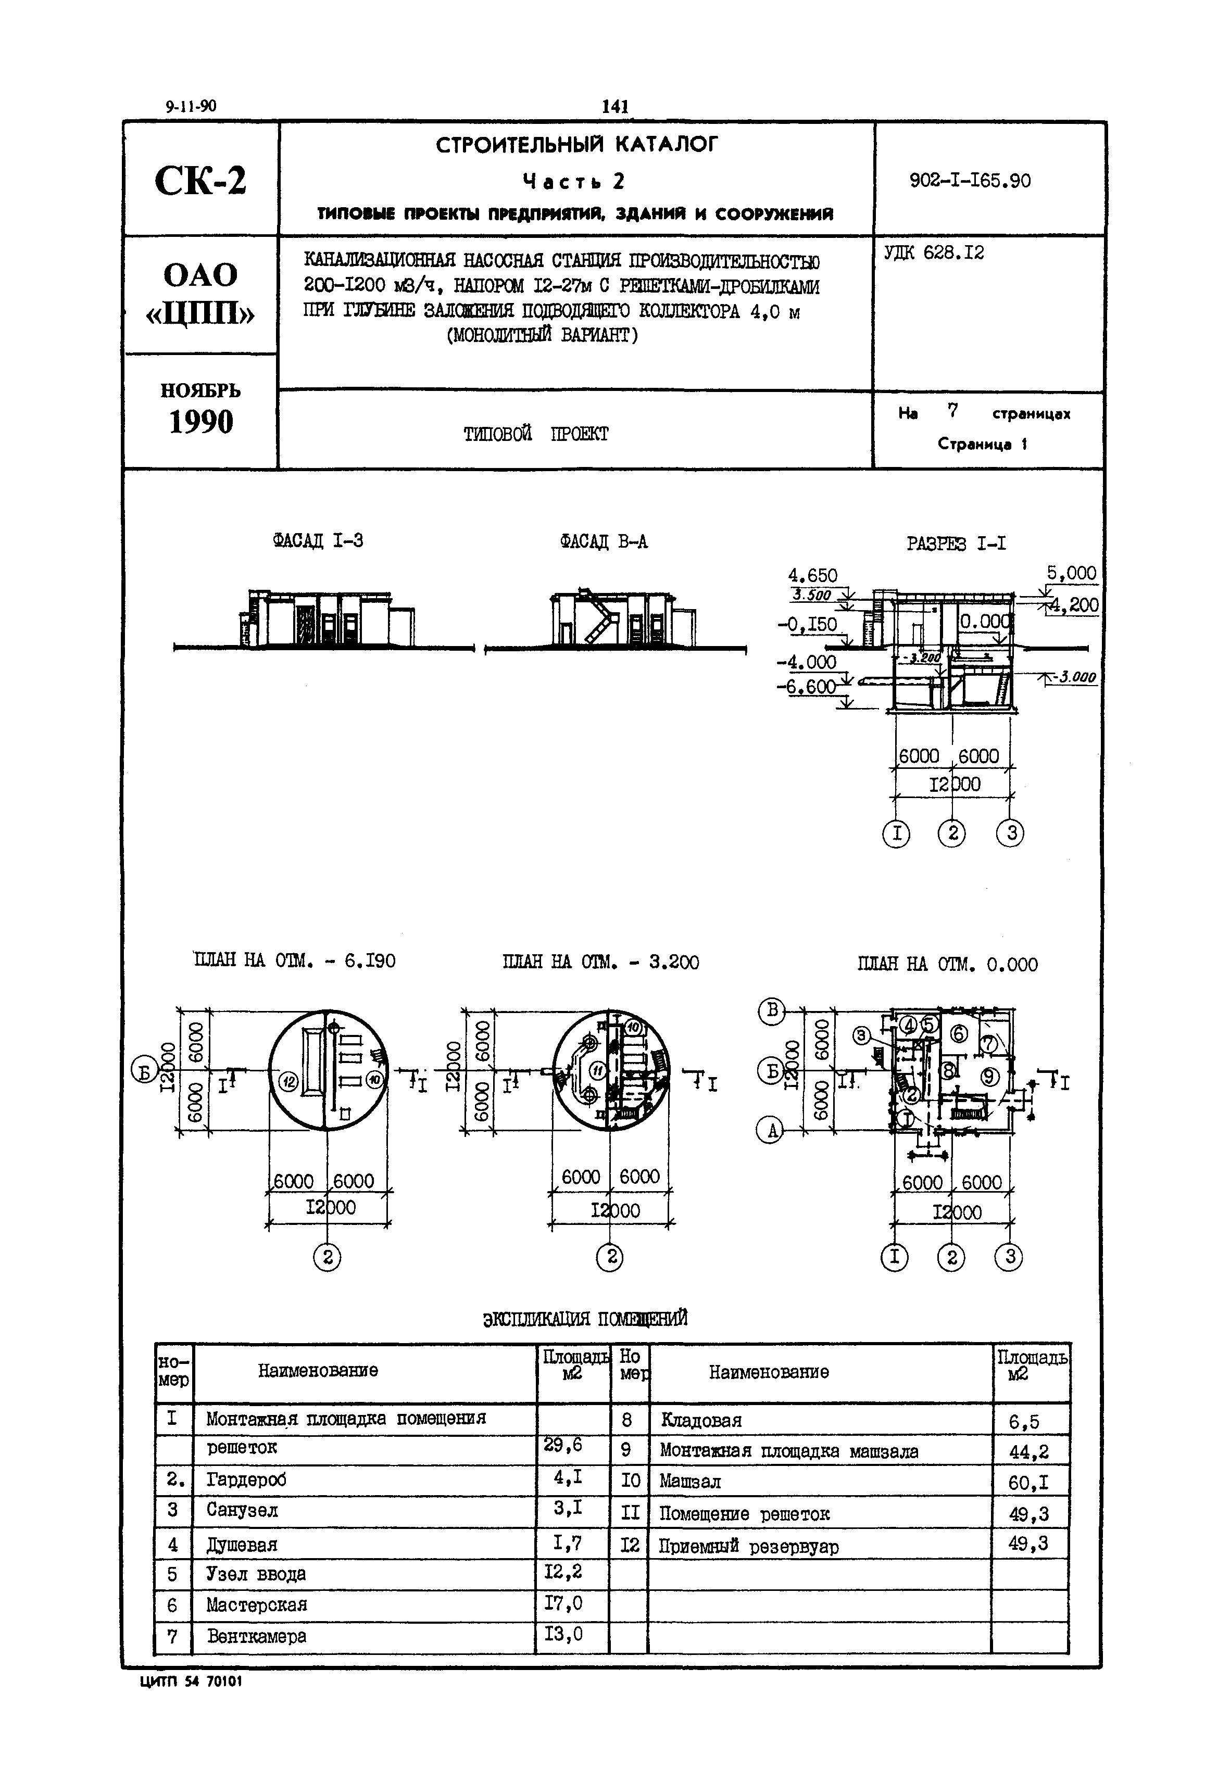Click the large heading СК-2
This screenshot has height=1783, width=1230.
pyautogui.click(x=200, y=182)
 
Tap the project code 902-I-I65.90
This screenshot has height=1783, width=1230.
pyautogui.click(x=970, y=181)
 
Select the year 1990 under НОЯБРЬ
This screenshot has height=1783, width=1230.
pyautogui.click(x=200, y=422)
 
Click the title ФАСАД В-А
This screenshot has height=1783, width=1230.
pyautogui.click(x=604, y=542)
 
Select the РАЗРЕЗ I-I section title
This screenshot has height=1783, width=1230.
pyautogui.click(x=956, y=544)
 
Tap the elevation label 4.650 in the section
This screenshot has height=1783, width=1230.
pyautogui.click(x=812, y=576)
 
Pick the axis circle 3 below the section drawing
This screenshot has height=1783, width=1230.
pyautogui.click(x=1010, y=833)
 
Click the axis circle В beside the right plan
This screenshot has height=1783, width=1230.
pyautogui.click(x=771, y=1010)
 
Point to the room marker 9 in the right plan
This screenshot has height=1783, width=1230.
pyautogui.click(x=989, y=1077)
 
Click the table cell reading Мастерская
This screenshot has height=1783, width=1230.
pyautogui.click(x=257, y=1605)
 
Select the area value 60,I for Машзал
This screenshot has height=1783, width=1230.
pyautogui.click(x=1028, y=1482)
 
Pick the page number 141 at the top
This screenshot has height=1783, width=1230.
pyautogui.click(x=614, y=106)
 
